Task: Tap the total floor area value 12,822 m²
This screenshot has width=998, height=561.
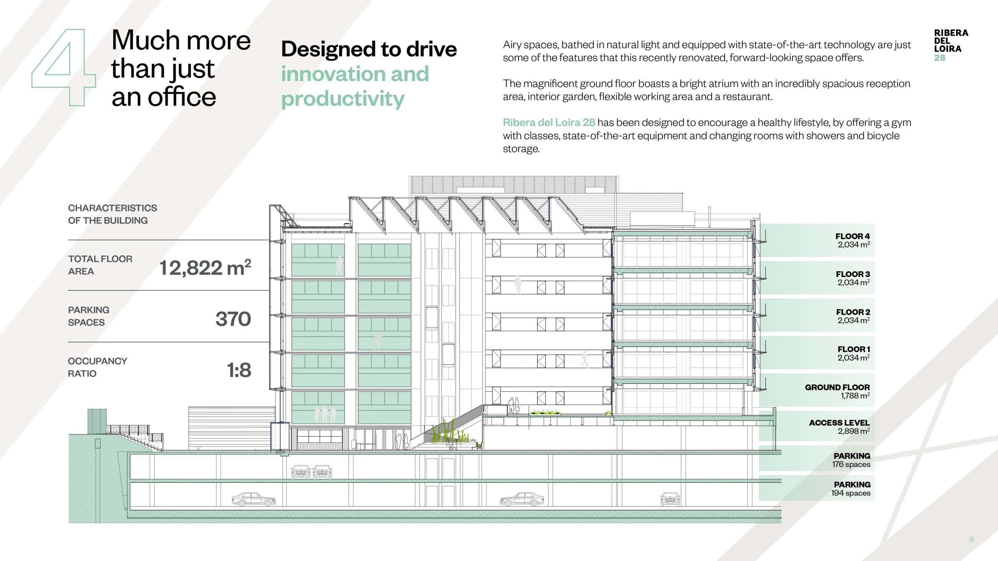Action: click(205, 267)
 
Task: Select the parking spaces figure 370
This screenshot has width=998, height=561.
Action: click(233, 318)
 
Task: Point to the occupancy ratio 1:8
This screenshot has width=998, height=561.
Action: click(239, 370)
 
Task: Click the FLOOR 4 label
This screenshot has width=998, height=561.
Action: click(852, 236)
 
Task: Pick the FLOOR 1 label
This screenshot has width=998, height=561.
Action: click(854, 349)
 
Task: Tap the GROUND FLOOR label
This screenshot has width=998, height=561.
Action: click(837, 387)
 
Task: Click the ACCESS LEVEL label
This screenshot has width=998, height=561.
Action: click(839, 423)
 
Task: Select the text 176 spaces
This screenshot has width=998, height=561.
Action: click(851, 464)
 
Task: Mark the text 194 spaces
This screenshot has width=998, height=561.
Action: click(851, 493)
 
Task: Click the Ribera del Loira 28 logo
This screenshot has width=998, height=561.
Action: click(951, 45)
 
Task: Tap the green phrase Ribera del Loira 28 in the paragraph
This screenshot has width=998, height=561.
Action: click(549, 122)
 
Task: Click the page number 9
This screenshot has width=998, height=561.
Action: click(971, 539)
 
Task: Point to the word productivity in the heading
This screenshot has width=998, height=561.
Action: click(343, 99)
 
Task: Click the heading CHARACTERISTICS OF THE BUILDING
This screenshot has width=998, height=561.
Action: click(112, 214)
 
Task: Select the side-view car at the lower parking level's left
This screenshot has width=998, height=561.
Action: click(254, 499)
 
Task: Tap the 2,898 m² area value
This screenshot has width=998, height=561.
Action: click(854, 431)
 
